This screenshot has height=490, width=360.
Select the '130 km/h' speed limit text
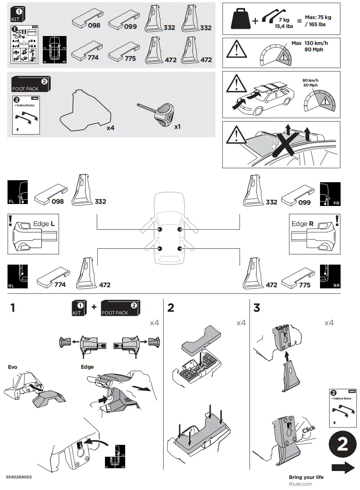pos(316,43)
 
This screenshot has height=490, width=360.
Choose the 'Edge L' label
pos(44,224)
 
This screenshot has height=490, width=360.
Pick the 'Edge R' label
pos(303,224)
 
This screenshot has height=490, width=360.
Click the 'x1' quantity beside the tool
pos(178,127)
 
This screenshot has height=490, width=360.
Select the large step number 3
pos(257,307)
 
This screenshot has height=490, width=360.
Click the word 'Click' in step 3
pos(309,429)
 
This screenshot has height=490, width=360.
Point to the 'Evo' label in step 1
pos(13,367)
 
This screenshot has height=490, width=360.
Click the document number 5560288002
pos(19,477)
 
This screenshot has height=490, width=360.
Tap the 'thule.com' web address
pos(300,484)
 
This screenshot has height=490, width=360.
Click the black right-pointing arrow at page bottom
pos(343,468)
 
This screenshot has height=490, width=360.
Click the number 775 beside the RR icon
pos(305,285)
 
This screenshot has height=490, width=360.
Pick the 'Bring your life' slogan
pos(306,477)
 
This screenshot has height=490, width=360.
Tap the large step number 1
pos(13,307)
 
